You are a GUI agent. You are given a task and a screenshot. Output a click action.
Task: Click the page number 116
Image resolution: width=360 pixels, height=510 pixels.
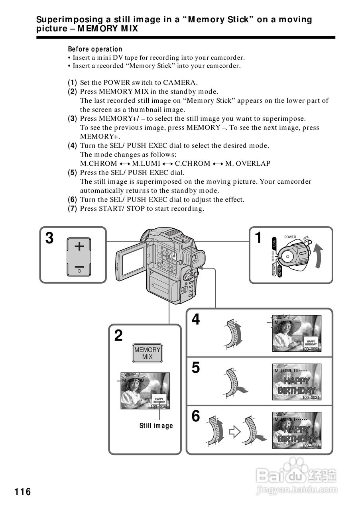(23, 492)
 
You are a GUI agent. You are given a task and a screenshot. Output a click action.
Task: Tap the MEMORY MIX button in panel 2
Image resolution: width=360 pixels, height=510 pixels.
(147, 353)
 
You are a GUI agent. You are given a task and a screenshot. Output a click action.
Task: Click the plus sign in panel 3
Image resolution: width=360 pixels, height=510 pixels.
(79, 247)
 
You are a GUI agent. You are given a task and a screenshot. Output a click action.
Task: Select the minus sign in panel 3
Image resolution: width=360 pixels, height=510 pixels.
(79, 267)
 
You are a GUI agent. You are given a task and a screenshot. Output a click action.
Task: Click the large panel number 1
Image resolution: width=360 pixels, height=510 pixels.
(258, 238)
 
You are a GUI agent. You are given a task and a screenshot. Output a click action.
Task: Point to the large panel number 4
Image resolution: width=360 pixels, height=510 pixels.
(196, 320)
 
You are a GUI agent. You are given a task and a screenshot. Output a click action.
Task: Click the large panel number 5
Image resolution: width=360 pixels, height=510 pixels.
(196, 367)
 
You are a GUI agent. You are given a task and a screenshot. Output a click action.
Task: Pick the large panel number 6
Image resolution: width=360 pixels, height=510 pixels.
(196, 416)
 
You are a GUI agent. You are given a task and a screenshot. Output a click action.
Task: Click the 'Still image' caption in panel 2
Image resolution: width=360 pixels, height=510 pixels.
(156, 426)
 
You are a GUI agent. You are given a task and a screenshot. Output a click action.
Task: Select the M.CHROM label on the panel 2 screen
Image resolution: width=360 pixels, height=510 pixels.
(134, 381)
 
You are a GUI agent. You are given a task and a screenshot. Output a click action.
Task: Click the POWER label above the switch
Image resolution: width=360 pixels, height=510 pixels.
(290, 237)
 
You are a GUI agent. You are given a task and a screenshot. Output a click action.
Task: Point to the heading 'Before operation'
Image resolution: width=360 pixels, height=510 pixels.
(95, 49)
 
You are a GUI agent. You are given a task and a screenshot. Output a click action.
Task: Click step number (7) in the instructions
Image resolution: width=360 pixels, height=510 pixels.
(72, 208)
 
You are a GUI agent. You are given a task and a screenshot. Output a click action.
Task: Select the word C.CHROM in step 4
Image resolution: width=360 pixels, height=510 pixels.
(192, 164)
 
